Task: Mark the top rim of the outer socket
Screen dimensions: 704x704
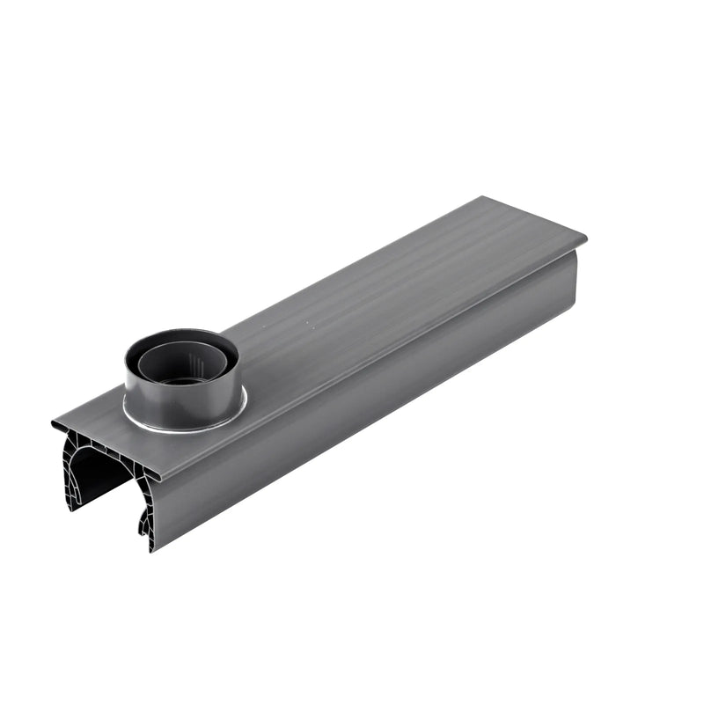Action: click(x=180, y=334)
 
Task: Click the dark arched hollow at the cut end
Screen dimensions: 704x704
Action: click(x=97, y=471)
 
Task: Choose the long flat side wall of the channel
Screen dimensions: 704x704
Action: click(x=370, y=396)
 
